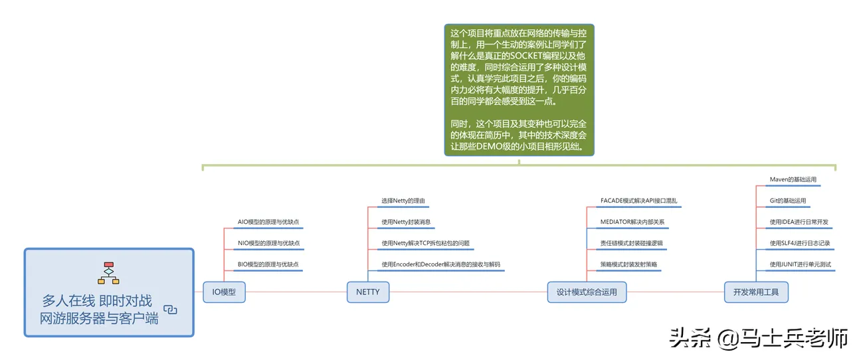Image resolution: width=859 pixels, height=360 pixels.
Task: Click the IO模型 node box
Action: (224, 292)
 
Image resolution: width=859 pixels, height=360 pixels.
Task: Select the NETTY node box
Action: (368, 292)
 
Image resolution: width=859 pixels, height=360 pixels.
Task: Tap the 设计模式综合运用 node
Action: (587, 292)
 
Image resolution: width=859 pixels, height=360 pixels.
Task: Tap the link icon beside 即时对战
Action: (170, 309)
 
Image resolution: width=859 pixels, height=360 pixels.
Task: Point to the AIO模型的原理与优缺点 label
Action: (269, 222)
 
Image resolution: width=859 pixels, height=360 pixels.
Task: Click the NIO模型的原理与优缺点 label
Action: (269, 243)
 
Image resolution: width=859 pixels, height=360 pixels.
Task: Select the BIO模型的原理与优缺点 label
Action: (268, 264)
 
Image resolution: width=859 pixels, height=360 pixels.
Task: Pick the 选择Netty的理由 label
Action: (405, 201)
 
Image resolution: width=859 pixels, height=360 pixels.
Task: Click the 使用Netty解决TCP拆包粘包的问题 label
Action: (425, 243)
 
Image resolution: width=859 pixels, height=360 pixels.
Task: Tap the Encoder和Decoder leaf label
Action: (440, 264)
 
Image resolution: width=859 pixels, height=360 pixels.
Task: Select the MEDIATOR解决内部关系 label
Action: (632, 222)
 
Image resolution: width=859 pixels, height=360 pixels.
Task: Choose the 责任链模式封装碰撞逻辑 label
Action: (631, 243)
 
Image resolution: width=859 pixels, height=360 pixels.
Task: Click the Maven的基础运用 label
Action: (793, 179)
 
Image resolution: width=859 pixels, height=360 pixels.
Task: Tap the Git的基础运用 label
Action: (787, 201)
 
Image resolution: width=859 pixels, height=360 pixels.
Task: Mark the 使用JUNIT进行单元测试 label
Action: (800, 264)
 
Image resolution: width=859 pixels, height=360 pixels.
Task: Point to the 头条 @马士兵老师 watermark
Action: (757, 338)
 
